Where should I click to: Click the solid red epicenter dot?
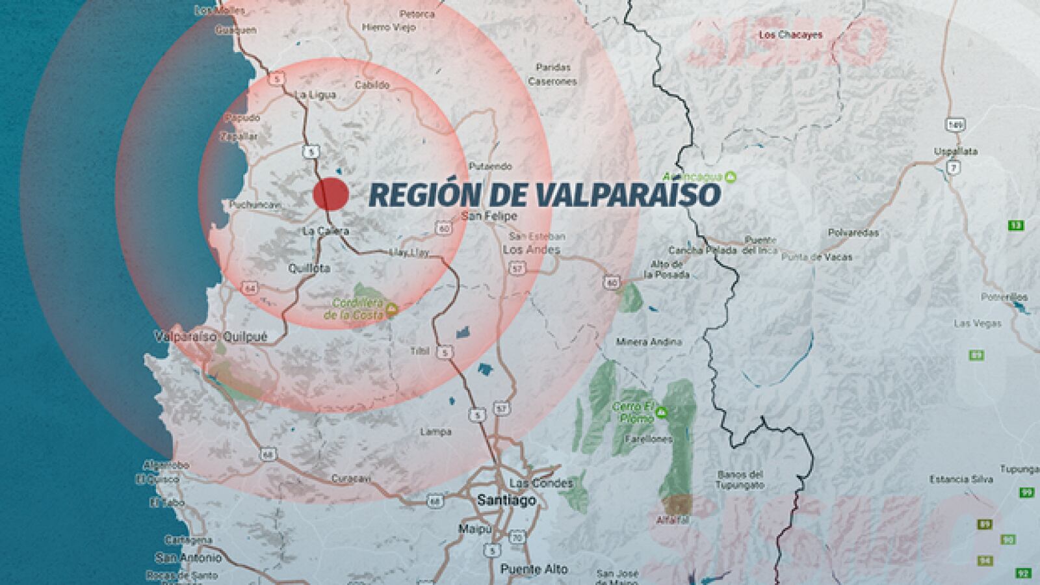pyautogui.click(x=331, y=194)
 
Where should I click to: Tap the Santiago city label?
pyautogui.click(x=506, y=500)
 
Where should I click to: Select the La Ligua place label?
pyautogui.click(x=315, y=95)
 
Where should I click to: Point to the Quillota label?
pyautogui.click(x=309, y=268)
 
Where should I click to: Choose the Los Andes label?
pyautogui.click(x=531, y=250)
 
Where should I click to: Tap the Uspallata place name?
pyautogui.click(x=955, y=151)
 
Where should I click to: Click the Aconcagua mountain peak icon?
pyautogui.click(x=731, y=177)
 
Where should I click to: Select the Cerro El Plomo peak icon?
pyautogui.click(x=662, y=411)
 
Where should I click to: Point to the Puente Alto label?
pyautogui.click(x=534, y=569)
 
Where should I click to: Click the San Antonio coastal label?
pyautogui.click(x=188, y=558)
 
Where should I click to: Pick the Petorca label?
pyautogui.click(x=417, y=14)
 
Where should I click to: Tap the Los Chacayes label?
pyautogui.click(x=790, y=35)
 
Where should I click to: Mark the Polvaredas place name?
pyautogui.click(x=853, y=233)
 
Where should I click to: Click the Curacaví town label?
pyautogui.click(x=351, y=478)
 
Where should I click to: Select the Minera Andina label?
pyautogui.click(x=648, y=342)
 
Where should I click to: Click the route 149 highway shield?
pyautogui.click(x=954, y=124)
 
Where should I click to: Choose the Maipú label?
pyautogui.click(x=475, y=529)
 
